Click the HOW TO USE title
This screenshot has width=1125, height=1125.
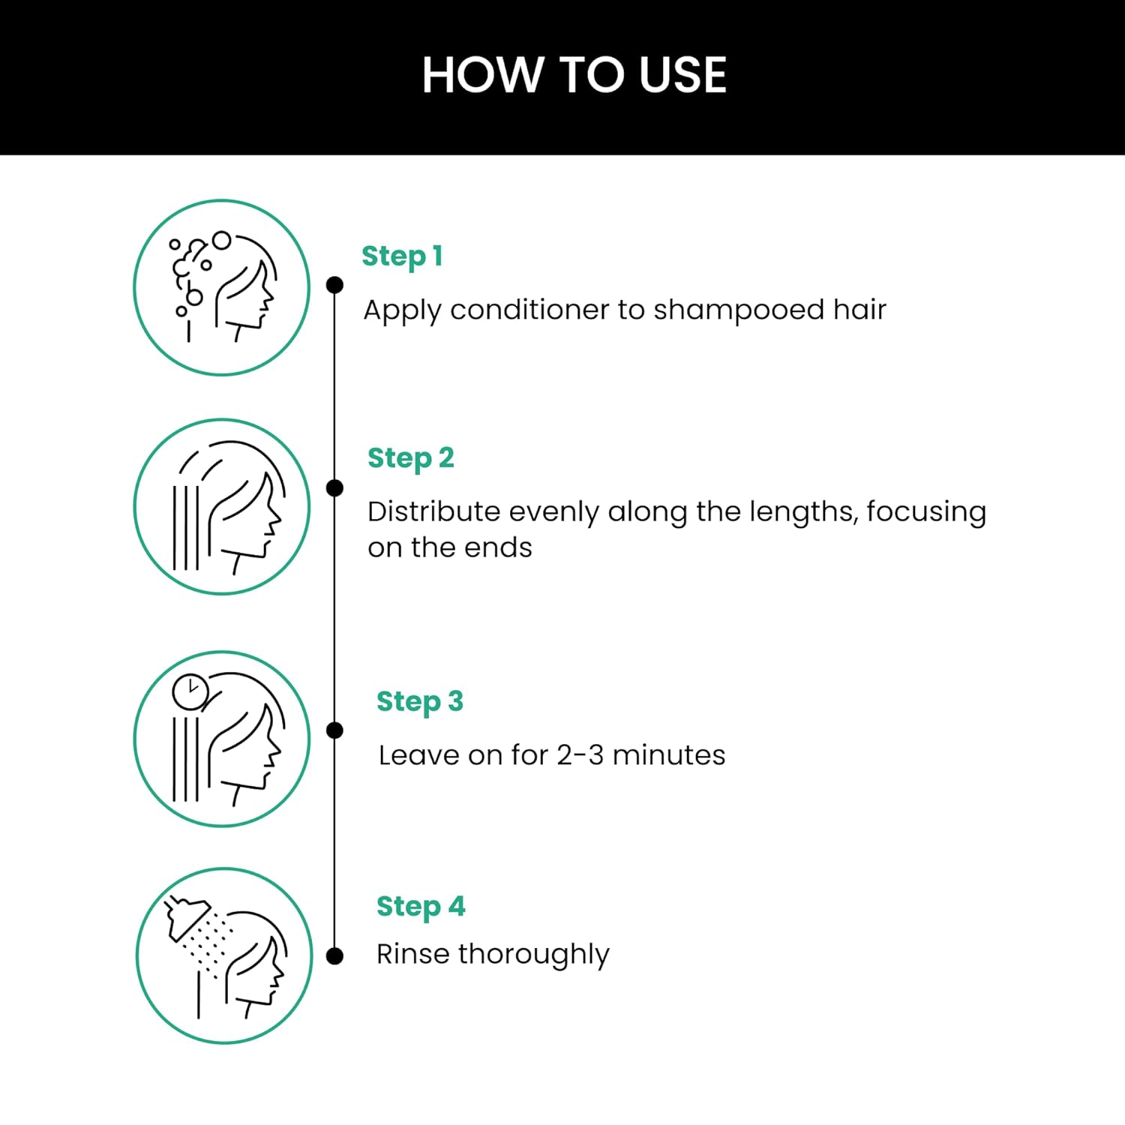tap(574, 75)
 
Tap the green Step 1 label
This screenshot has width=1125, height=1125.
tap(402, 256)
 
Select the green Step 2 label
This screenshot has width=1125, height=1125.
tap(411, 458)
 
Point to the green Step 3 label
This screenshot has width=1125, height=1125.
tap(420, 702)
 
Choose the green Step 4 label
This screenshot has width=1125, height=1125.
tap(421, 907)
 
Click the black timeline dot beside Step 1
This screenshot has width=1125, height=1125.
tap(335, 285)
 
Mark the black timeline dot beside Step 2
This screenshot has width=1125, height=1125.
tap(335, 488)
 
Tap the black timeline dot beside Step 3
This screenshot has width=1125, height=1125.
tap(335, 730)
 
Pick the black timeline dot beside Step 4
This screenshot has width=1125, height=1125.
tap(335, 956)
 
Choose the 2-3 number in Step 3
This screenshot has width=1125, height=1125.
tap(580, 755)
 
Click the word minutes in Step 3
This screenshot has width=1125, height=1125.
tap(669, 755)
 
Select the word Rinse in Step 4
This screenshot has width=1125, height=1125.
tap(413, 954)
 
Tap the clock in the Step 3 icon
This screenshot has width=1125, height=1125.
tap(190, 691)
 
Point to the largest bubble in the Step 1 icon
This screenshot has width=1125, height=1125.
tap(221, 240)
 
